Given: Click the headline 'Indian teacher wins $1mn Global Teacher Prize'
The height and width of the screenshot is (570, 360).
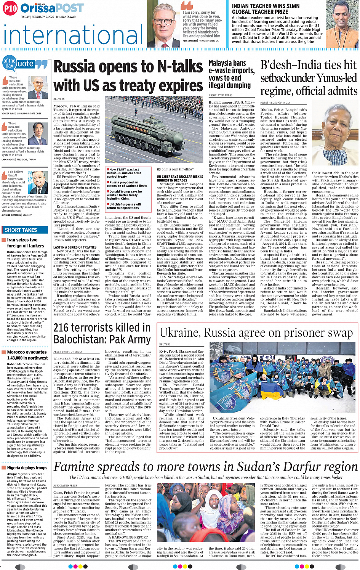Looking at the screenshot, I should [x=266, y=9].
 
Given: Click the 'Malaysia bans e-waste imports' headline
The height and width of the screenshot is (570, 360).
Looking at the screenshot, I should [x=231, y=74].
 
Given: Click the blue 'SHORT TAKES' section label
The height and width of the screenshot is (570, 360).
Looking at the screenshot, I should [x=21, y=230].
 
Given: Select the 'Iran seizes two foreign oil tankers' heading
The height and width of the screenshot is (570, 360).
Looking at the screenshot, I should [x=26, y=243].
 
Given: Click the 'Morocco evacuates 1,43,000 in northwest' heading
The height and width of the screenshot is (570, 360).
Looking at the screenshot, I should [x=27, y=355].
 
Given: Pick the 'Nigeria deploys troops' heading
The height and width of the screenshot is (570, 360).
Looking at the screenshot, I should [x=27, y=468].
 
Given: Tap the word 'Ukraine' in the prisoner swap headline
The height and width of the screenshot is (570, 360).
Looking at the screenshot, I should [x=179, y=333].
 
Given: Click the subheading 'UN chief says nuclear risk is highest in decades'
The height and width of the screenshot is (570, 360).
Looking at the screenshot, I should [x=180, y=178].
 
